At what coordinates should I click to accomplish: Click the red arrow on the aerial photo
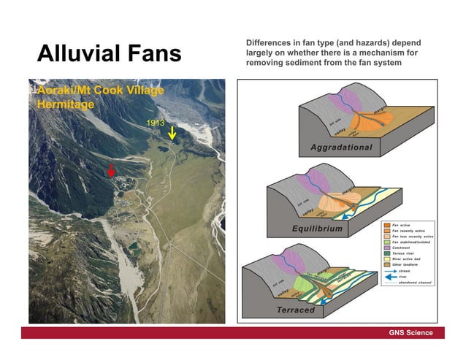click(111, 170)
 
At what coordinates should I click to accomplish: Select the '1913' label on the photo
click(155, 123)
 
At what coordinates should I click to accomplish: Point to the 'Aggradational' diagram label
click(341, 148)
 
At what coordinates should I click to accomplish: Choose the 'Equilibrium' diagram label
click(318, 229)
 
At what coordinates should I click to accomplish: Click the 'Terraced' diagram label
click(295, 310)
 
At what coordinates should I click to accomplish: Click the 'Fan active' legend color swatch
click(386, 224)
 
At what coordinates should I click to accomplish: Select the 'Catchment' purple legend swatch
click(386, 248)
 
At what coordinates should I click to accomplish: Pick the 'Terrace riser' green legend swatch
click(386, 254)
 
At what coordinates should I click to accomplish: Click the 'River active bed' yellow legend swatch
click(386, 260)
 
